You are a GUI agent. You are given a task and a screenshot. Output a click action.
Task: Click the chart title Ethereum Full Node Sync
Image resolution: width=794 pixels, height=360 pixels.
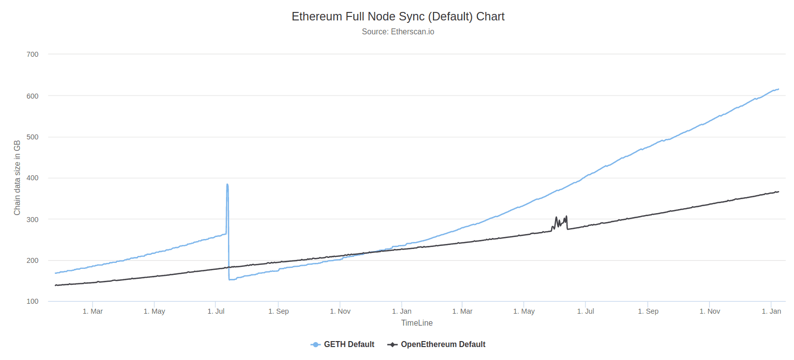(x=398, y=16)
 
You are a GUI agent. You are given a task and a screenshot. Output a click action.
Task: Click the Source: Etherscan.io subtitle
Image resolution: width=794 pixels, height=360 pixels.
(x=398, y=32)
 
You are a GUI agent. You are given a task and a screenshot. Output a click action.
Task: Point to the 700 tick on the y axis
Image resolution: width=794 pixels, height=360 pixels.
(x=32, y=54)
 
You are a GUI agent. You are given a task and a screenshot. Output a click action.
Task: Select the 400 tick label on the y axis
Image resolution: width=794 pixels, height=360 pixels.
(x=32, y=178)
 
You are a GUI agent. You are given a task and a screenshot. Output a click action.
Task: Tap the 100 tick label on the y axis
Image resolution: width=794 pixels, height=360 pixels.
(x=32, y=301)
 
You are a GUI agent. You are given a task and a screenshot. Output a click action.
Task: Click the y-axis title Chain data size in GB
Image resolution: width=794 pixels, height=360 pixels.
(x=17, y=178)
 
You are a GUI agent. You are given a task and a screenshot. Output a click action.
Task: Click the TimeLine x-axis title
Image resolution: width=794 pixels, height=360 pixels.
(x=417, y=323)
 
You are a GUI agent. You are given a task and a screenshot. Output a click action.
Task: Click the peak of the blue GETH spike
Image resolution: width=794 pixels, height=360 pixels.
(x=227, y=185)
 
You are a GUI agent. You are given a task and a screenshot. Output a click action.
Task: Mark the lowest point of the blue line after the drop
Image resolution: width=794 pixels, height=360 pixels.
(x=230, y=279)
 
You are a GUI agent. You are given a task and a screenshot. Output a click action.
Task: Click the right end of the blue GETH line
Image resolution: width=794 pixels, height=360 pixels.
(x=778, y=89)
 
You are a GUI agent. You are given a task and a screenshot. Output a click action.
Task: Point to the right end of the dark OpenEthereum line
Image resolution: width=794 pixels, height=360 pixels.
(x=778, y=192)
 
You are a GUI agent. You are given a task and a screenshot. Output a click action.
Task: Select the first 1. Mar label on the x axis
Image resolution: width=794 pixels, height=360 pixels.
(x=93, y=311)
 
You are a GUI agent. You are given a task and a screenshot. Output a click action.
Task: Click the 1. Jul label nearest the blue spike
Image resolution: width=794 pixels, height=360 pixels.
(x=216, y=311)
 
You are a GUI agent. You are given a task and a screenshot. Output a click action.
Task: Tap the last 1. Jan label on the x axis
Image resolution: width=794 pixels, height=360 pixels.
(x=771, y=311)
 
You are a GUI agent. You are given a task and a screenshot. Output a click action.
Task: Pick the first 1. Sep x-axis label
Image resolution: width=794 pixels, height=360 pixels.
(x=278, y=311)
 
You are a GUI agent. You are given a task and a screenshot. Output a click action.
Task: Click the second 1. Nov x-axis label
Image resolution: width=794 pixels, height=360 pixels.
(x=709, y=311)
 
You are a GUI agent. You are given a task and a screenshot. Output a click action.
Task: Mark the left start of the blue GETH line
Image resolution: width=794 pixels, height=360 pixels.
(x=55, y=273)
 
